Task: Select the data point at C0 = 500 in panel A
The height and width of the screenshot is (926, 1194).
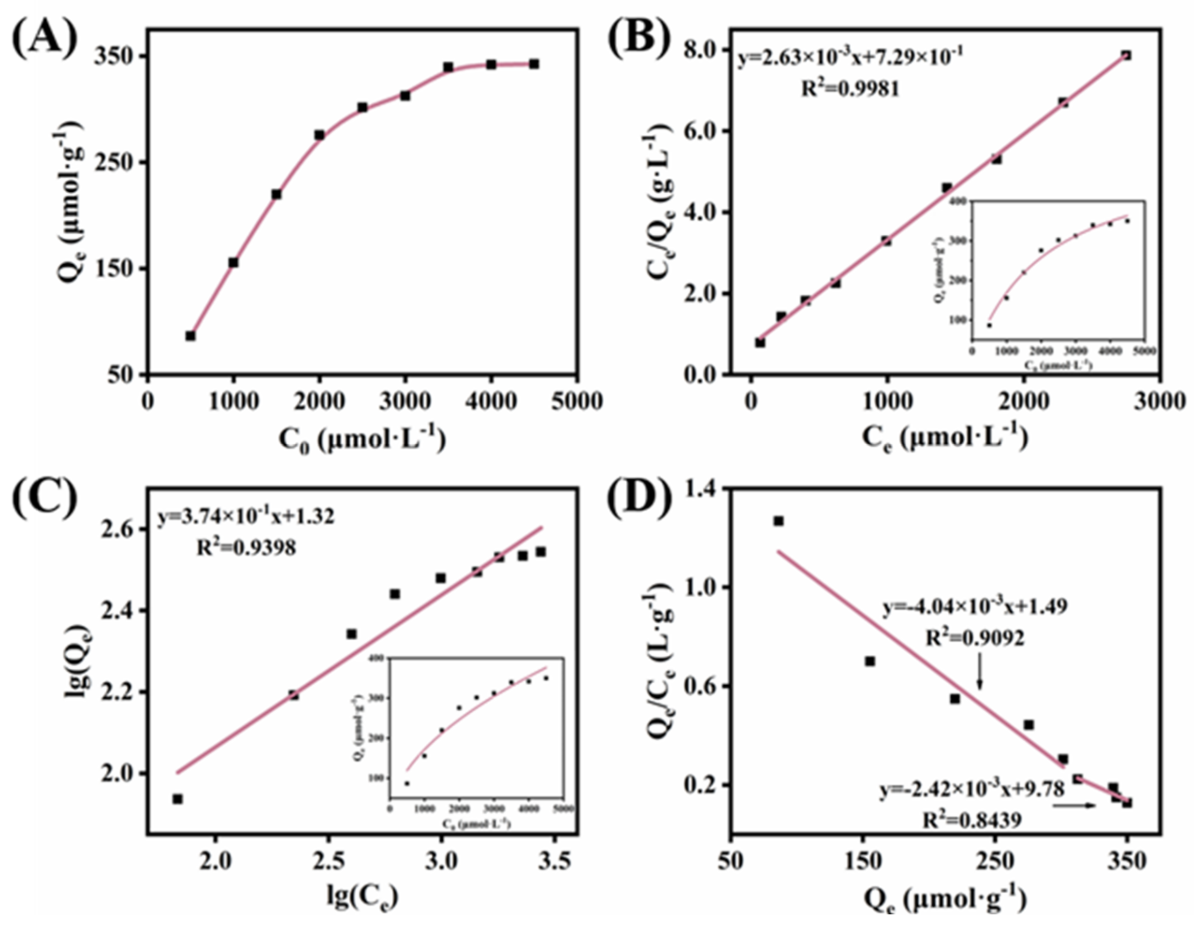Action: coord(190,336)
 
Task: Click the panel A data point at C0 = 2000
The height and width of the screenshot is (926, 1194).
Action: coord(319,135)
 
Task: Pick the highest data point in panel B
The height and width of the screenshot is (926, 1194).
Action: coord(1126,55)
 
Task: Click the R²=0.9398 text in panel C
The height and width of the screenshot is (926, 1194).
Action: coord(246,547)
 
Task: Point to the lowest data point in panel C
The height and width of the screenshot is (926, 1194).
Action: coord(177,799)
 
